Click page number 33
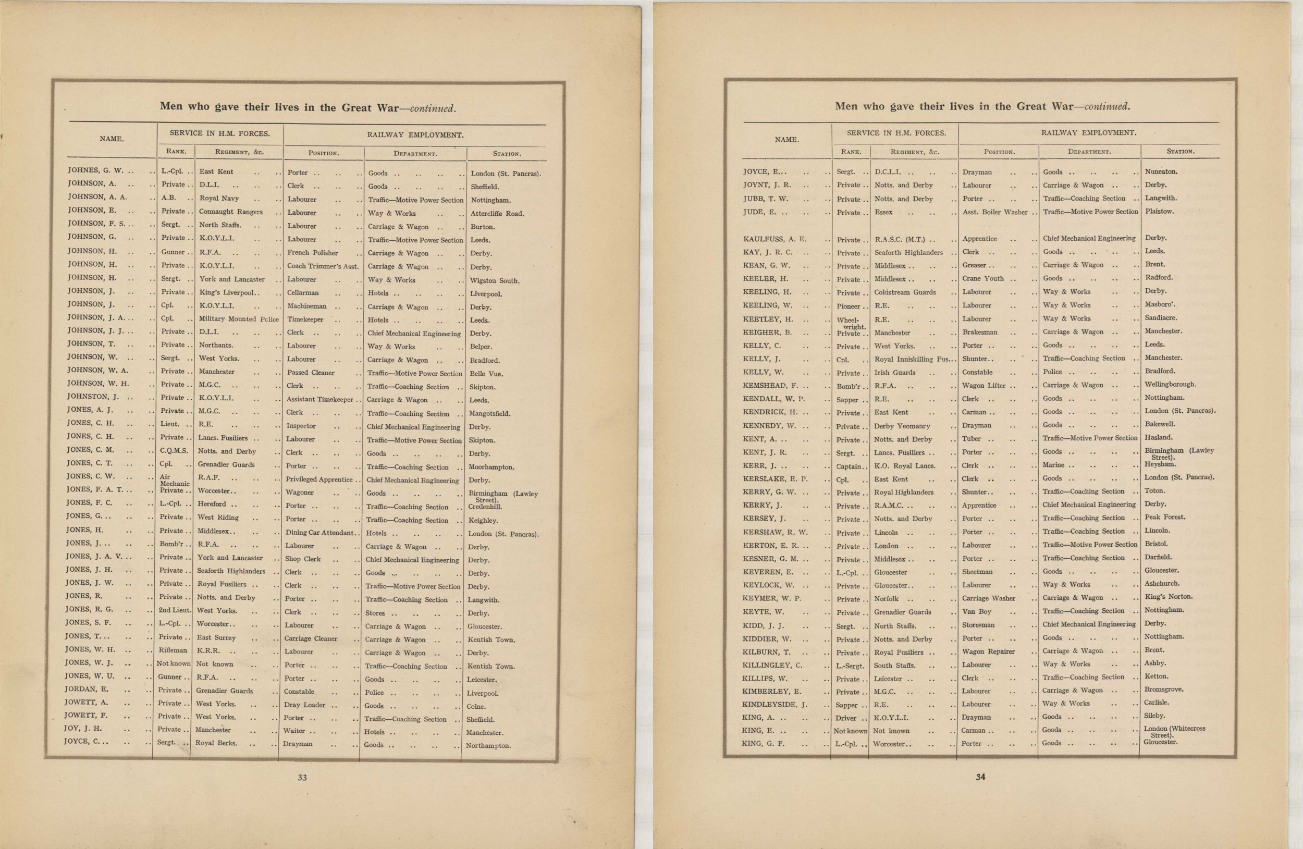click(x=302, y=777)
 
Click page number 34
click(x=980, y=776)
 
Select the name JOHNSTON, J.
click(x=93, y=397)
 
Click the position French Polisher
click(x=313, y=253)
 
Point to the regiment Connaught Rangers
click(x=230, y=212)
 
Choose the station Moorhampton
click(x=491, y=467)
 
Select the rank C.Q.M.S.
click(x=174, y=450)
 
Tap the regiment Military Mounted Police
click(x=239, y=319)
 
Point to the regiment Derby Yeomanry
click(x=902, y=426)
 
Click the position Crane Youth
click(x=984, y=279)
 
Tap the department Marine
click(x=1053, y=465)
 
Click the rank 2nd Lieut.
click(x=175, y=610)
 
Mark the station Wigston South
click(x=495, y=281)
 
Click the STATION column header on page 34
click(x=1180, y=152)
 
